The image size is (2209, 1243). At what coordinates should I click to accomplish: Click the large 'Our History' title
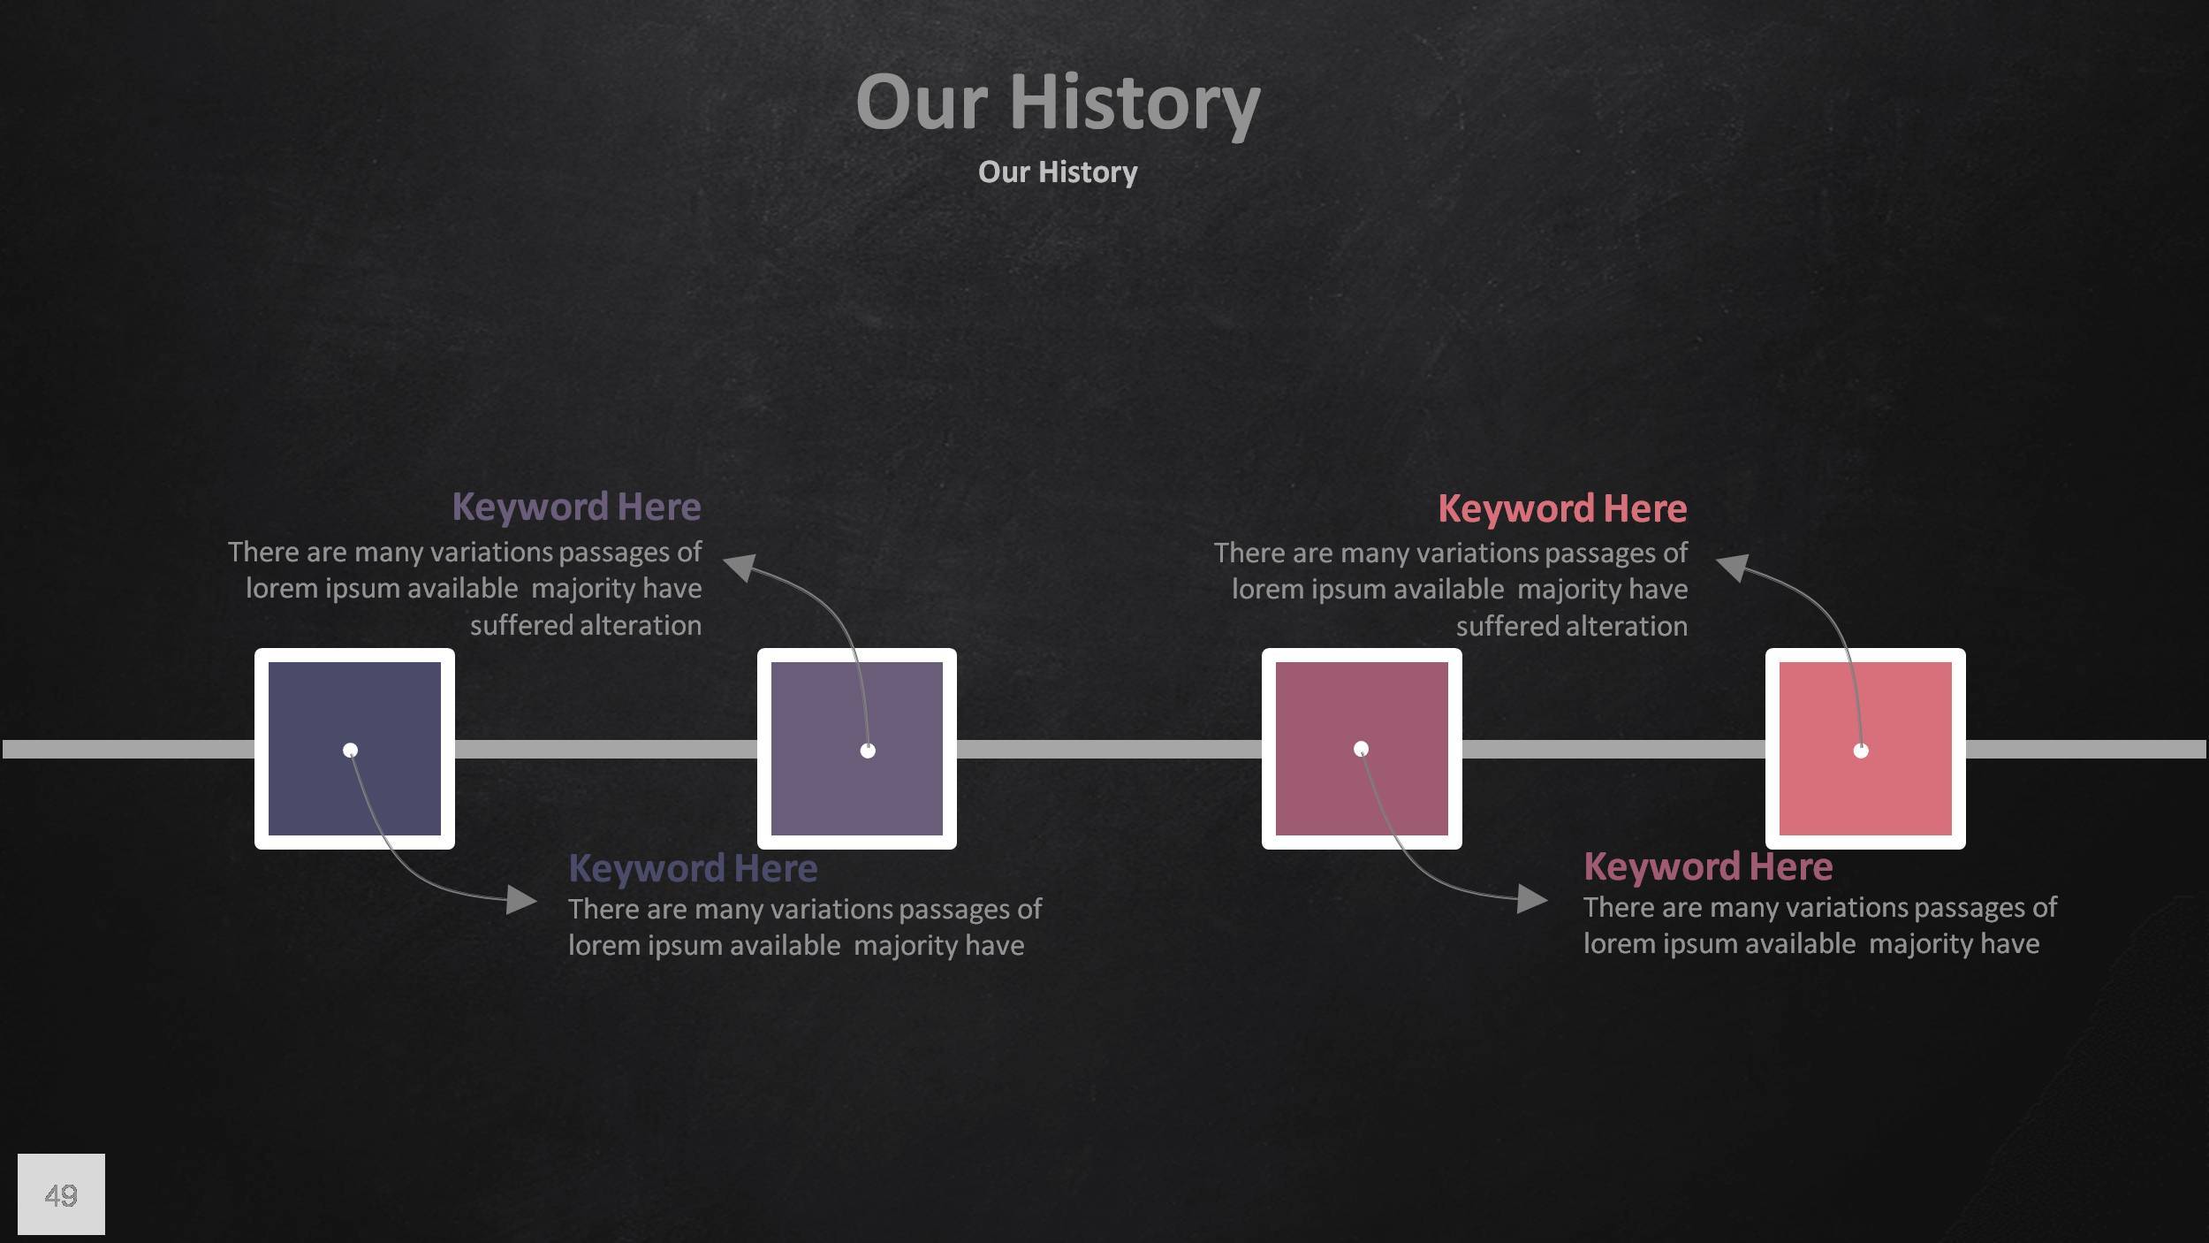pyautogui.click(x=1058, y=103)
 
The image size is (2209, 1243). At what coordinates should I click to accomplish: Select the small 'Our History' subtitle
pyautogui.click(x=1058, y=172)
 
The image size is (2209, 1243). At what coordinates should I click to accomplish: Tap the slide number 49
pyautogui.click(x=61, y=1195)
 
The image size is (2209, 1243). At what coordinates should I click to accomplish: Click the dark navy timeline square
pyautogui.click(x=354, y=749)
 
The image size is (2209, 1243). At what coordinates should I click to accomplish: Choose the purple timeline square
pyautogui.click(x=857, y=749)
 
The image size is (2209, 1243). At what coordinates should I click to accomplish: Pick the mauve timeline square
pyautogui.click(x=1362, y=749)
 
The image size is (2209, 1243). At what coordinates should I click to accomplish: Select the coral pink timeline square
pyautogui.click(x=1865, y=749)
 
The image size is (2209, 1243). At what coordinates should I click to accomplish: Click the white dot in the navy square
pyautogui.click(x=350, y=751)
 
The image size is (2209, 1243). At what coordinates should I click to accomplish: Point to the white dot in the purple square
pyautogui.click(x=868, y=751)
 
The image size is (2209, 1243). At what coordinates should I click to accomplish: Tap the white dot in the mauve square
pyautogui.click(x=1361, y=749)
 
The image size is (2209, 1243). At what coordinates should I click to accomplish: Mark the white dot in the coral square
pyautogui.click(x=1861, y=751)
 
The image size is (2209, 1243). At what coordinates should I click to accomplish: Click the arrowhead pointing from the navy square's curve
pyautogui.click(x=521, y=900)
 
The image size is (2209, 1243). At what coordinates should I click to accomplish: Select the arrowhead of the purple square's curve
pyautogui.click(x=740, y=567)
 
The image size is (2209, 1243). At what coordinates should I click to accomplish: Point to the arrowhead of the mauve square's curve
pyautogui.click(x=1532, y=899)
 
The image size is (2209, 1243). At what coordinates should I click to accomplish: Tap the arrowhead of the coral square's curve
pyautogui.click(x=1733, y=567)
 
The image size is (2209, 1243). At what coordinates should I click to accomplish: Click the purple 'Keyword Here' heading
pyautogui.click(x=576, y=507)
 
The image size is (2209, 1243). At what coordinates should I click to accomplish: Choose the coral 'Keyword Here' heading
pyautogui.click(x=1562, y=509)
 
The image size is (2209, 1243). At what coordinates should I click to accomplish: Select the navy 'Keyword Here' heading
pyautogui.click(x=693, y=868)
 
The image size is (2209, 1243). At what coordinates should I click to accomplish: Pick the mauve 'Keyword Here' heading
pyautogui.click(x=1708, y=866)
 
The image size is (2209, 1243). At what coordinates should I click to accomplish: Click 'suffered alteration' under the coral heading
pyautogui.click(x=1572, y=626)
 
